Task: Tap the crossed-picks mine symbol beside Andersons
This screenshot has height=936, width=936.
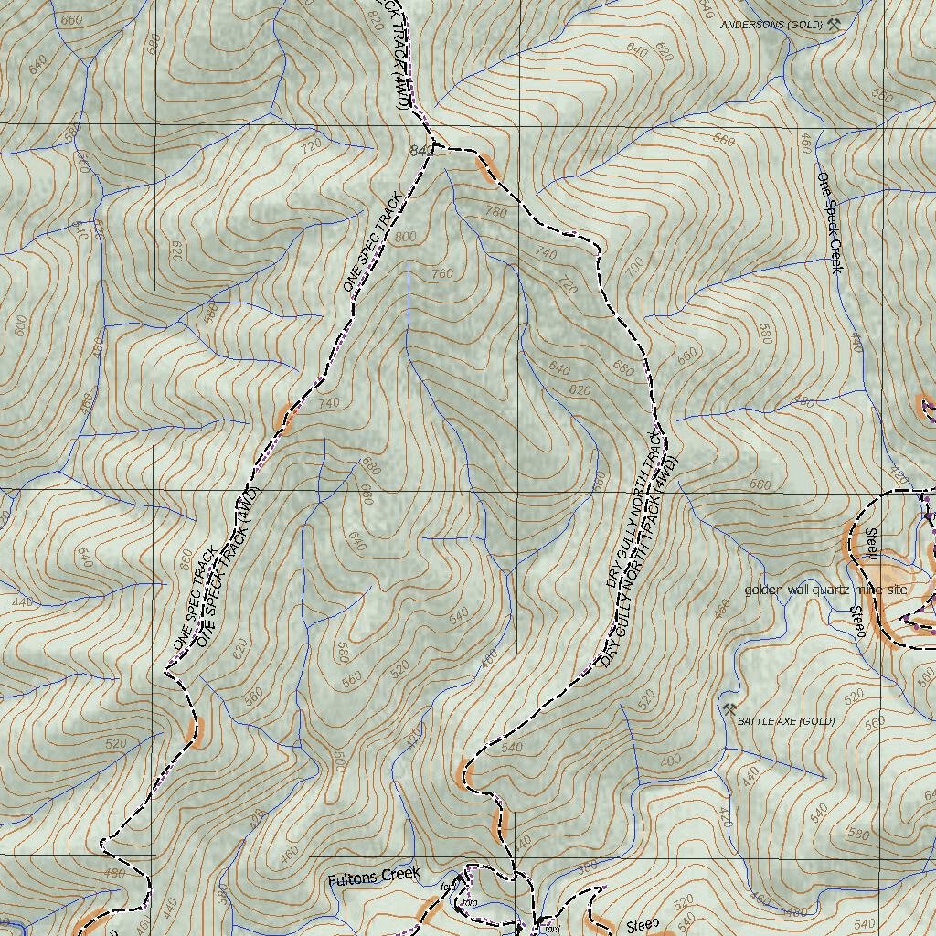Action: pos(833,26)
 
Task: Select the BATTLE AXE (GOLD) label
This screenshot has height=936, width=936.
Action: pos(786,721)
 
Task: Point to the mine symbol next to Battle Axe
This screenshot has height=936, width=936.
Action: pos(729,709)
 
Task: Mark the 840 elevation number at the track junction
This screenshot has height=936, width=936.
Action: pos(420,149)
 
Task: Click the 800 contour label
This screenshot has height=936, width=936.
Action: pos(405,237)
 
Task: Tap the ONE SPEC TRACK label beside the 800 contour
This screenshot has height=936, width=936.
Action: pos(372,243)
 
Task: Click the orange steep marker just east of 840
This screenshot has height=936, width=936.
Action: pos(485,168)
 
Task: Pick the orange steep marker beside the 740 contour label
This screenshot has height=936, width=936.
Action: pos(285,418)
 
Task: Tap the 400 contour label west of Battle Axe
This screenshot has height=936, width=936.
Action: pos(670,760)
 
